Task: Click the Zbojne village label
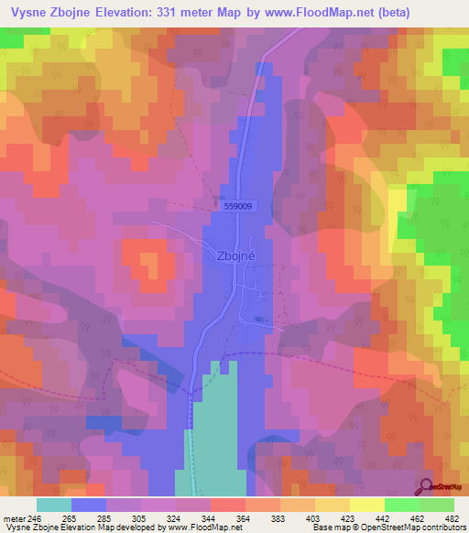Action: pyautogui.click(x=234, y=257)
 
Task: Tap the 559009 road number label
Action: pyautogui.click(x=237, y=207)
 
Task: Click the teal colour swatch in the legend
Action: pyautogui.click(x=54, y=505)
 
